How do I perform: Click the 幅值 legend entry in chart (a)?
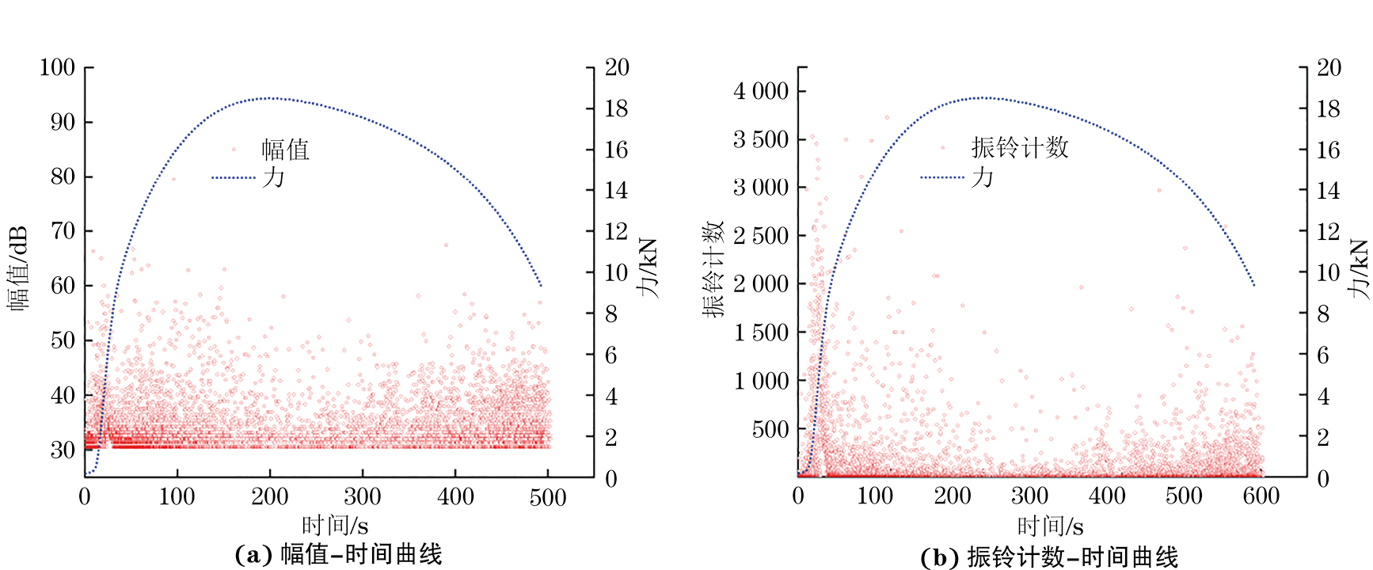(285, 149)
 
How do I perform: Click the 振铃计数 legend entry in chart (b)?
(1020, 147)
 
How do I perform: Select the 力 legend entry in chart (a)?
(273, 177)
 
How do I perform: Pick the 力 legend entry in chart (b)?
(982, 177)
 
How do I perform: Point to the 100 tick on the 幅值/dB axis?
(57, 67)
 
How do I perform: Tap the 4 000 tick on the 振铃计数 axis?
(761, 91)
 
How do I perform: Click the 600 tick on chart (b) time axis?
(1261, 496)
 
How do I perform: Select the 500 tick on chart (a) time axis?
(548, 497)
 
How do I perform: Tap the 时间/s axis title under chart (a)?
(335, 525)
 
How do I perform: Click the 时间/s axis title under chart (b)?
(1050, 526)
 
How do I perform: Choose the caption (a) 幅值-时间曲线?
(338, 554)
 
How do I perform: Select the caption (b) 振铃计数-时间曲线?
(1049, 557)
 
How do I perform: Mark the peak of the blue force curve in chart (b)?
(982, 97)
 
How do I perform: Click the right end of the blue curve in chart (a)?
(541, 285)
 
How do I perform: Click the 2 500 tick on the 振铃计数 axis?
(761, 236)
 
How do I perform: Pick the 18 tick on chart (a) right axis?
(616, 108)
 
